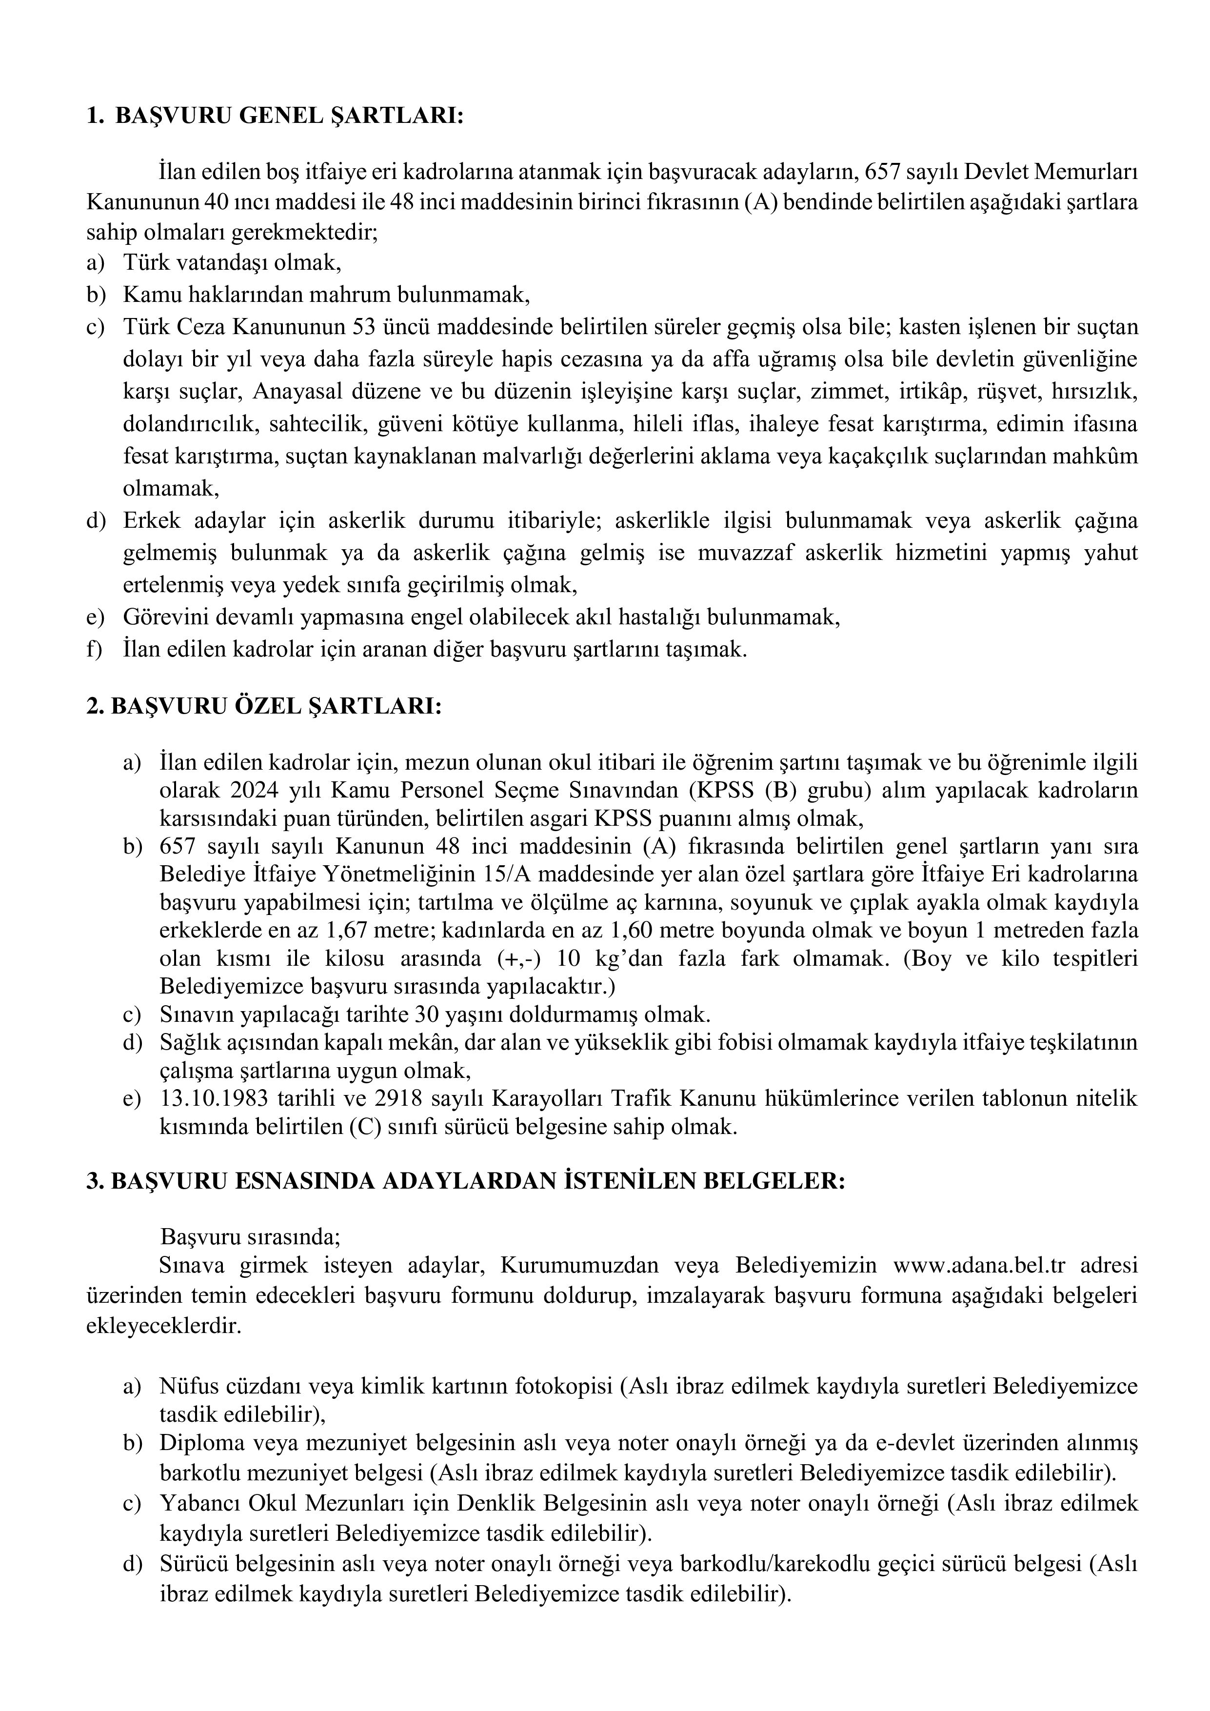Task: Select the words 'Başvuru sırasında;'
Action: pyautogui.click(x=250, y=1237)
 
